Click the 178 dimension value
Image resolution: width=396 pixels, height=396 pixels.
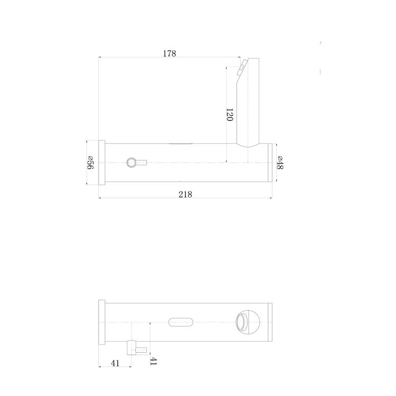click(169, 53)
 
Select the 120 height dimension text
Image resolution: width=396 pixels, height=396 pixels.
click(229, 115)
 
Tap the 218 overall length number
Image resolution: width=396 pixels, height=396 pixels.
click(185, 194)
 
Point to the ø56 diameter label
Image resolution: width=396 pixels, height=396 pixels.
click(90, 163)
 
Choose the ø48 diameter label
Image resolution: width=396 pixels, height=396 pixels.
click(280, 163)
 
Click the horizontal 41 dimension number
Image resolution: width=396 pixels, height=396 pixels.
click(115, 363)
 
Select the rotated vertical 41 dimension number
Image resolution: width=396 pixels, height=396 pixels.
click(154, 361)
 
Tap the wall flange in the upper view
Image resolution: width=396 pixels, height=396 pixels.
click(102, 163)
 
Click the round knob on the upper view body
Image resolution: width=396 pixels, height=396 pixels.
click(131, 162)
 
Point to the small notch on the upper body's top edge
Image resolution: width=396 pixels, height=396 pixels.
click(180, 143)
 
